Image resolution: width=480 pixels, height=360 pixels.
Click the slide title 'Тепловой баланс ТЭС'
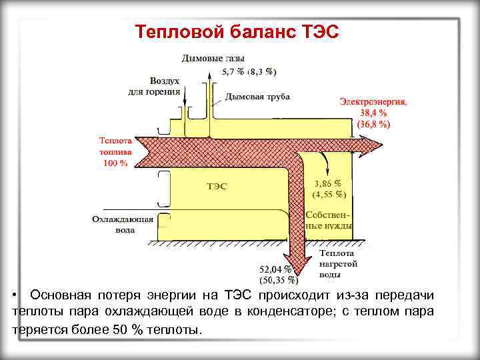coord(237,31)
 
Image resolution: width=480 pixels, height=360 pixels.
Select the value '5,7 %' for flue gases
coord(233,71)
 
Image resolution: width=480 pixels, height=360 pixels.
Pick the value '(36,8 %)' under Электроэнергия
coord(373,124)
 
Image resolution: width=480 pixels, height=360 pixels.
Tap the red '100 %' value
coord(115,163)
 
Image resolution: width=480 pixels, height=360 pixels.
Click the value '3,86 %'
coord(327,182)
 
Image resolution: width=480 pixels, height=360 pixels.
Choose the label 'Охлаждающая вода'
coord(123,224)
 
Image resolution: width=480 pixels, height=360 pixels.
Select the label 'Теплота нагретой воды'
coord(338,263)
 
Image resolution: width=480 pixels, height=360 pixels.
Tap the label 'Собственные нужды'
coord(329,220)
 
